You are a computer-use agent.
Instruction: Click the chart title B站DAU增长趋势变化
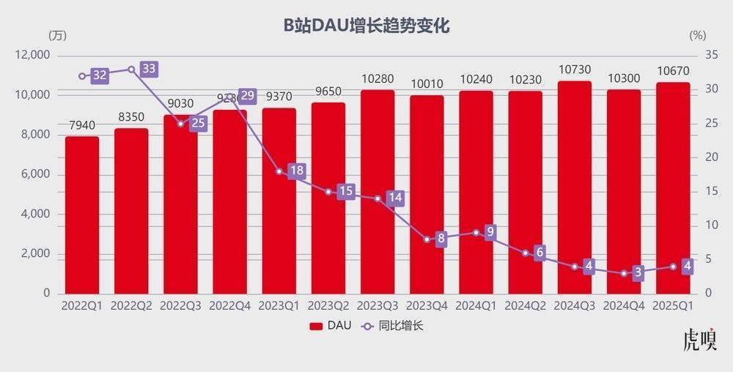(x=366, y=26)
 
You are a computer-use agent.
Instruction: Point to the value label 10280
(x=377, y=78)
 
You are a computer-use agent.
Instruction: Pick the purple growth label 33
(x=149, y=69)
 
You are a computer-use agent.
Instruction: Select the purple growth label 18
(x=296, y=171)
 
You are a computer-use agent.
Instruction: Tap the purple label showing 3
(x=638, y=273)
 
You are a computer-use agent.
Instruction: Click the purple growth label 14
(x=395, y=198)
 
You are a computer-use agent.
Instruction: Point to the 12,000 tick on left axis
(x=34, y=55)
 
